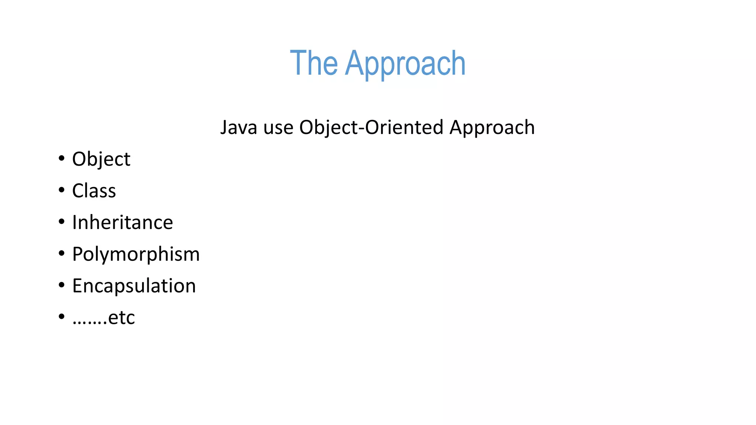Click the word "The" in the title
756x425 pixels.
point(314,63)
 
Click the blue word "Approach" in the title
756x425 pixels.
point(405,64)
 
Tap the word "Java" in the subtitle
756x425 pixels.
point(238,128)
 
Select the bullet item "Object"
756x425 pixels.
point(101,159)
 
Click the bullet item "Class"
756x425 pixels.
point(94,191)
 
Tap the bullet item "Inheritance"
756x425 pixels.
point(122,223)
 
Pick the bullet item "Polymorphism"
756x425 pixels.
point(136,255)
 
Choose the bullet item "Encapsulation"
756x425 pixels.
point(134,286)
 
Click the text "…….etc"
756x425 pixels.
point(103,318)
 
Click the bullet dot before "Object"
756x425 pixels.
point(61,159)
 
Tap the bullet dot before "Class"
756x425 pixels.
point(61,190)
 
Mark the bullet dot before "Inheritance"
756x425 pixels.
point(61,222)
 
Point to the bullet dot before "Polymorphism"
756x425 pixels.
point(61,254)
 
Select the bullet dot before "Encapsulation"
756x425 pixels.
point(61,285)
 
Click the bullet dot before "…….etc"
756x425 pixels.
point(61,317)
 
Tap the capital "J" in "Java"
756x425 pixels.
point(224,128)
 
